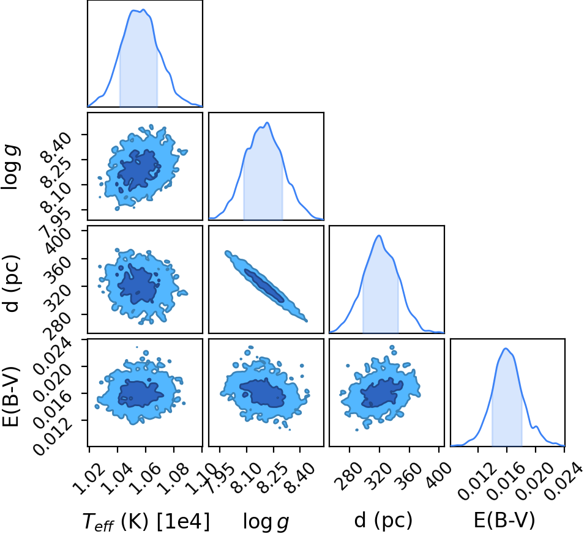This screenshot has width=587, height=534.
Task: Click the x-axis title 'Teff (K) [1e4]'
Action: point(146,521)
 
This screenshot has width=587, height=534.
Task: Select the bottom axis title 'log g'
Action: point(266,521)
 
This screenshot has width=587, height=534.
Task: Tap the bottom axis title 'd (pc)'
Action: point(383,521)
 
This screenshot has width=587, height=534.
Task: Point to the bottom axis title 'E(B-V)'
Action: point(504,520)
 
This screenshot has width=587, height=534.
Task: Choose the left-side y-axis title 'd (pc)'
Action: point(11,283)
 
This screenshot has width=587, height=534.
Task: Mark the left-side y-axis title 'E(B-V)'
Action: point(10,396)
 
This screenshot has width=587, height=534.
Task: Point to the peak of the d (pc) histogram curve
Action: point(379,235)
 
